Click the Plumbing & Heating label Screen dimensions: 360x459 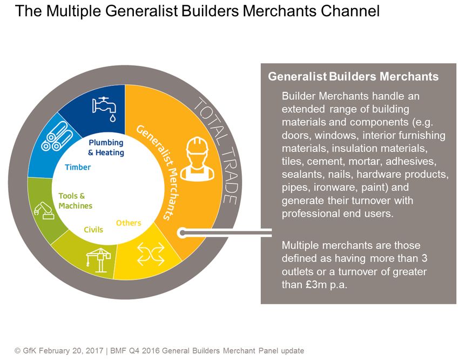click(106, 148)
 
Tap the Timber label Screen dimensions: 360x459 click(78, 168)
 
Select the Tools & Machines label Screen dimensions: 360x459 click(75, 201)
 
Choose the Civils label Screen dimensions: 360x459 click(93, 230)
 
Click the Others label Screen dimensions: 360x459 click(129, 223)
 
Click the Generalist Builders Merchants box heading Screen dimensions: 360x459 click(353, 77)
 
